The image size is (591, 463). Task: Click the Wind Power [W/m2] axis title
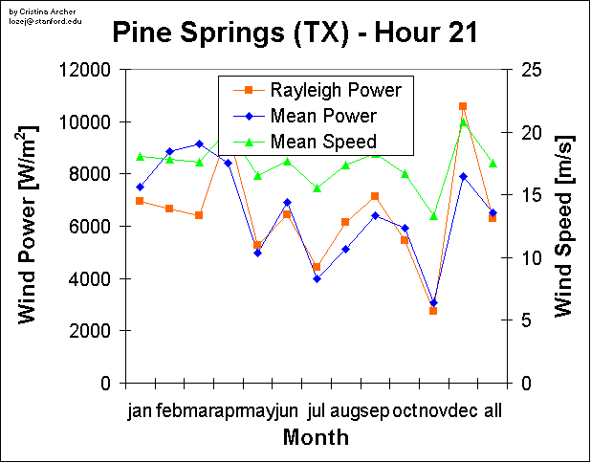click(x=29, y=225)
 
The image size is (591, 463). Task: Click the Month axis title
click(x=316, y=438)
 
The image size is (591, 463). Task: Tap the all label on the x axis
click(x=493, y=411)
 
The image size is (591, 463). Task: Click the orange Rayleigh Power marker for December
click(x=463, y=106)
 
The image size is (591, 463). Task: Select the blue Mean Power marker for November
click(x=433, y=302)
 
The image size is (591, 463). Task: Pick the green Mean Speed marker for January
click(x=140, y=156)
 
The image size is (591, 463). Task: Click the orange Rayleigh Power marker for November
click(x=433, y=311)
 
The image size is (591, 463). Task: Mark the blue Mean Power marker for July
click(x=317, y=278)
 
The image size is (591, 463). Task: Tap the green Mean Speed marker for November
click(x=433, y=216)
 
